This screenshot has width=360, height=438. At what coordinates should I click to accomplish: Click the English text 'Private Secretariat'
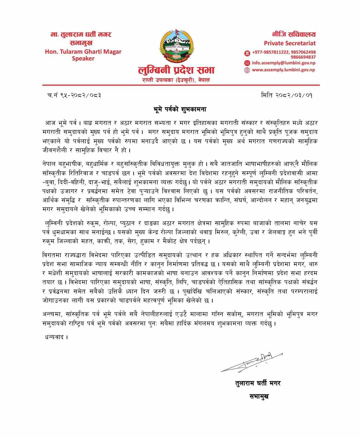point(290,43)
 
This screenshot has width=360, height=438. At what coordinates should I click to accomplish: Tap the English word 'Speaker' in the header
point(83,59)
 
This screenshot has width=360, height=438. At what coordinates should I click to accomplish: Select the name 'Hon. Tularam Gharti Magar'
point(83,52)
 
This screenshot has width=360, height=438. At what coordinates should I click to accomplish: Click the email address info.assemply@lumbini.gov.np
point(283,63)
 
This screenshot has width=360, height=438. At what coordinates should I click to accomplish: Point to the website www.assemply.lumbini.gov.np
point(283,70)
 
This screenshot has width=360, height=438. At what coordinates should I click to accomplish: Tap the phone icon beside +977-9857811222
point(247,53)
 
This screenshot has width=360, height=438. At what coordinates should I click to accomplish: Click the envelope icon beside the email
point(247,63)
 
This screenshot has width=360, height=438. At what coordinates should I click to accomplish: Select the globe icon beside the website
point(247,70)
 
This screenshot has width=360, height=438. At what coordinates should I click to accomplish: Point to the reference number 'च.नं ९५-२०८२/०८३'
point(74,96)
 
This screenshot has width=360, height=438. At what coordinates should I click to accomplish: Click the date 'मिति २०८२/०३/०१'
point(287,96)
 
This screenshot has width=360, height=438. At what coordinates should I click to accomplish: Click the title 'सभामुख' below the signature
point(259,396)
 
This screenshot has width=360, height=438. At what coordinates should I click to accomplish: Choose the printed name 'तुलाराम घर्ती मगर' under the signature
point(257,383)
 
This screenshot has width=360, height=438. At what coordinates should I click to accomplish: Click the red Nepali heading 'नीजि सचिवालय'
point(294,34)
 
